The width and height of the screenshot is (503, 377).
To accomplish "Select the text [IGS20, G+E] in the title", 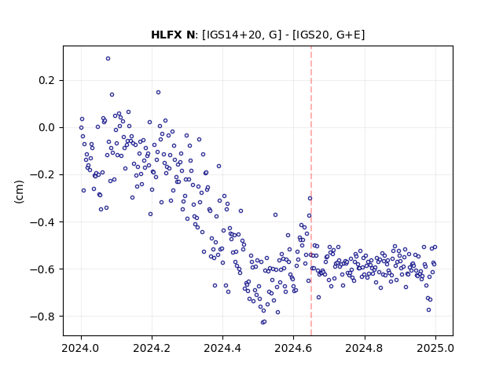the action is click(x=329, y=35).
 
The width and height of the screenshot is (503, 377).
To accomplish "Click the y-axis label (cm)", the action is click(x=19, y=192).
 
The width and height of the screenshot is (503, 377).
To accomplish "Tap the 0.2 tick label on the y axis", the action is click(x=46, y=80).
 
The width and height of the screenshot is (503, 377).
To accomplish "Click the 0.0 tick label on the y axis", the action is click(x=46, y=127).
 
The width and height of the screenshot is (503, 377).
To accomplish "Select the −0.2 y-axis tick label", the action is click(x=42, y=174).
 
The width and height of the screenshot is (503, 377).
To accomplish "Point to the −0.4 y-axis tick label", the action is click(x=42, y=221).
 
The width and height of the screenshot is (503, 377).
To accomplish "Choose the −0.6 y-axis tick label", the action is click(x=42, y=269).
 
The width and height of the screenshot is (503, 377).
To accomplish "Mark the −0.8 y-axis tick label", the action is click(x=42, y=316).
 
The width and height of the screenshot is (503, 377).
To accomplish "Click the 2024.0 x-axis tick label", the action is click(x=81, y=348).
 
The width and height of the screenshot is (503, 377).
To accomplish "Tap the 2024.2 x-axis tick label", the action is click(x=152, y=348).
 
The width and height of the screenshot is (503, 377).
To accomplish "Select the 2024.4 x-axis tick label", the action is click(x=222, y=348).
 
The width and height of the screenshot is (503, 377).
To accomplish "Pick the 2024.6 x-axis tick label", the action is click(x=293, y=348).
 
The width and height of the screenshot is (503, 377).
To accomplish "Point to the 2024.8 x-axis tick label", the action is click(x=364, y=348).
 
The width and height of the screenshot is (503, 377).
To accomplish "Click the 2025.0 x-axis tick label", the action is click(x=435, y=348).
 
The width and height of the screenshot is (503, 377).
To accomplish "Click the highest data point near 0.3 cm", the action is click(x=108, y=59).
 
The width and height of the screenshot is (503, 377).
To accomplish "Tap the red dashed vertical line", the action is click(x=311, y=191).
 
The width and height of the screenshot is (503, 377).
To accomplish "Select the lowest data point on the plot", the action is click(x=263, y=322).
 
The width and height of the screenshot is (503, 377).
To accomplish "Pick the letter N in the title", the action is click(x=190, y=35).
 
